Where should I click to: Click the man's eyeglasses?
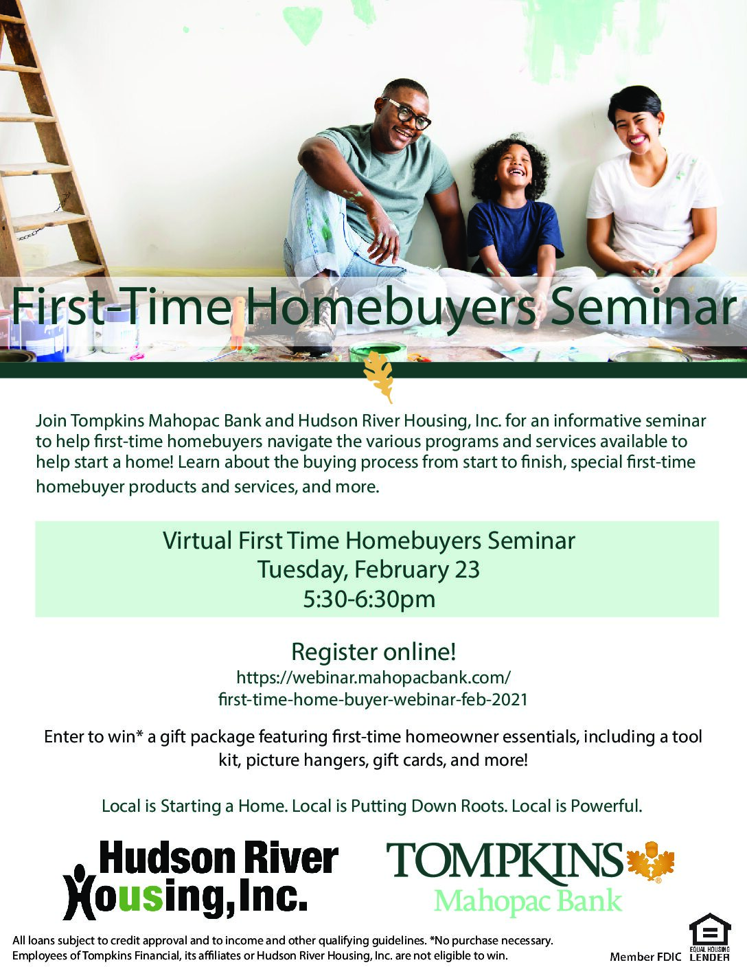pos(406,112)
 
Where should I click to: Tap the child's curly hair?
pos(512,166)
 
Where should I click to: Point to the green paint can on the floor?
pos(378,352)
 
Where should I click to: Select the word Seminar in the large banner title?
pos(641,306)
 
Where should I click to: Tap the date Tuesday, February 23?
pos(369,569)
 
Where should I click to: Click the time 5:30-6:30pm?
pos(369,599)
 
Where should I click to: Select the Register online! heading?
pos(373,652)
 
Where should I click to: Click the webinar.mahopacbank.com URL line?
pos(373,678)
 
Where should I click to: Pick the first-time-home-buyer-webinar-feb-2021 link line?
pos(373,700)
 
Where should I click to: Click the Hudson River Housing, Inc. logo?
pos(201,881)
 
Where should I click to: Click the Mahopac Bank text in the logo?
pos(528,900)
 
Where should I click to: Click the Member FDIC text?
pos(645,957)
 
